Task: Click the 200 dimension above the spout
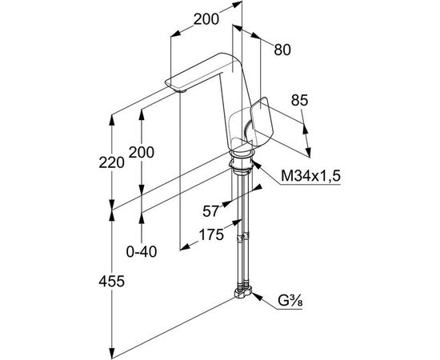pos(206,19)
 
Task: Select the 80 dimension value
pos(282,50)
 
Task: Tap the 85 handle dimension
pos(299,100)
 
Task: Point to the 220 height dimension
pos(111,162)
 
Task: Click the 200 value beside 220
pos(141,152)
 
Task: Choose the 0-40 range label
pos(142,252)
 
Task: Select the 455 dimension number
pos(111,281)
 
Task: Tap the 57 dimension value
pos(210,211)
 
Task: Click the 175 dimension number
pos(211,234)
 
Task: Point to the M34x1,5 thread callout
pos(310,176)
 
